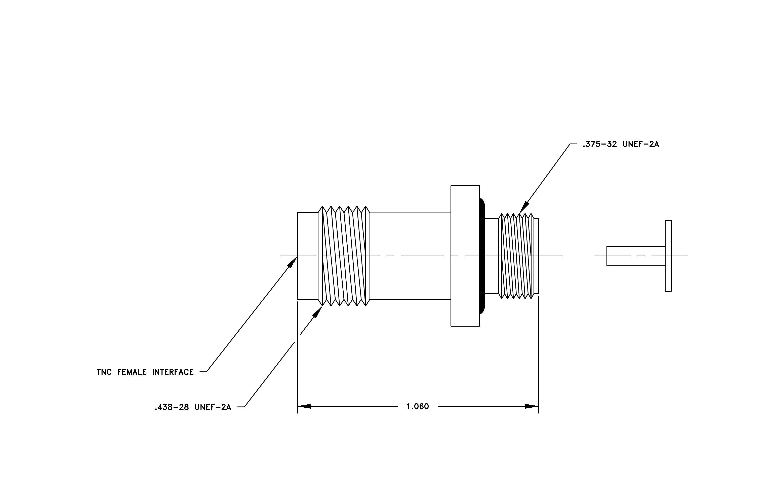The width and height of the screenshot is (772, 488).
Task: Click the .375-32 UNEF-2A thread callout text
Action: [x=621, y=144]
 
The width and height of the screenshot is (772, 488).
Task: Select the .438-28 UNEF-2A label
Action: [x=193, y=407]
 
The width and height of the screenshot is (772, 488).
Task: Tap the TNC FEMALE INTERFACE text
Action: [x=145, y=372]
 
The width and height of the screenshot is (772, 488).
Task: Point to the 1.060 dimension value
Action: [x=418, y=406]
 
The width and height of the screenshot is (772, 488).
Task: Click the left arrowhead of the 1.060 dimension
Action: [x=304, y=406]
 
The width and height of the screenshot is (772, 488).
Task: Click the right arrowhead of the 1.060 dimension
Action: [x=532, y=406]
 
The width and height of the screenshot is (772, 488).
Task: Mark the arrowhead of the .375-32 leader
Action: [x=523, y=207]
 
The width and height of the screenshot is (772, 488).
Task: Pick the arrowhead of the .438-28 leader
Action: [x=317, y=312]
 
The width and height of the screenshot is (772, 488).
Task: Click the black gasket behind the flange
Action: [x=482, y=256]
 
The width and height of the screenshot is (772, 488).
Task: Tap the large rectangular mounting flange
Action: [x=465, y=256]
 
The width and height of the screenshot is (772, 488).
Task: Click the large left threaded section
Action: [x=344, y=256]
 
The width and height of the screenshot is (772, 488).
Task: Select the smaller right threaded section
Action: [x=516, y=256]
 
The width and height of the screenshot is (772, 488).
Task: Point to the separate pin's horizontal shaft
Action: [x=636, y=256]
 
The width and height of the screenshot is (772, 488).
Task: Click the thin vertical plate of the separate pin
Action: [x=668, y=256]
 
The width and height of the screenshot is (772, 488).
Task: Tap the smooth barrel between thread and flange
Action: [x=410, y=256]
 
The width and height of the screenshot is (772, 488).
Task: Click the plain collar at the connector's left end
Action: [x=308, y=256]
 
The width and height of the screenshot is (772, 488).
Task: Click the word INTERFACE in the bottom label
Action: [x=173, y=372]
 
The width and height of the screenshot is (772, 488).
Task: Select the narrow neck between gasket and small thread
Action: [x=492, y=256]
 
